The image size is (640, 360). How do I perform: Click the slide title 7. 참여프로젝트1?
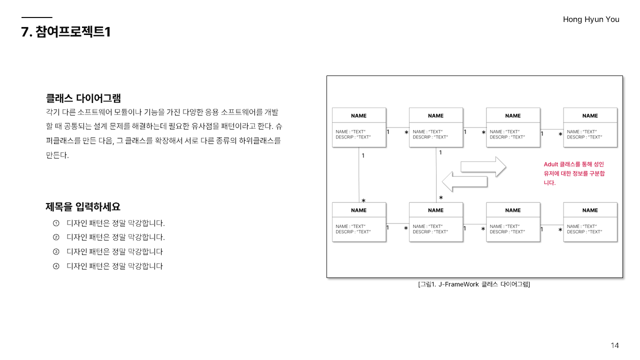pos(65,32)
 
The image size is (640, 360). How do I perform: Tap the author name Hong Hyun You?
pos(591,19)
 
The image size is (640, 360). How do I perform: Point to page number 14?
pos(615,345)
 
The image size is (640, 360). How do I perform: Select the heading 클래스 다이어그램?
pos(83,98)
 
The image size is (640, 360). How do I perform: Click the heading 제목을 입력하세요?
pos(83,206)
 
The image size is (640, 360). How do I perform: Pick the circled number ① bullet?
pos(56,223)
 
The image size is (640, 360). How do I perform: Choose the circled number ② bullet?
pos(56,237)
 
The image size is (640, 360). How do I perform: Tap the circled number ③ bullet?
pos(56,251)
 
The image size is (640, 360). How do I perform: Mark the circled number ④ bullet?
pos(56,266)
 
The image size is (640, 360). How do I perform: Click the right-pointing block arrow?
pos(483,166)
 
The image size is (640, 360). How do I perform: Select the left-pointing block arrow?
pos(464,181)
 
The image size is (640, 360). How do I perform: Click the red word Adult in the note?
pos(551,164)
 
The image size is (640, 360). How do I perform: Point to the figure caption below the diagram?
pos(474,284)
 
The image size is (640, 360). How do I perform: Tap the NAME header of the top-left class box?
pos(359,115)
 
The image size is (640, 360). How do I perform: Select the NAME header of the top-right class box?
pos(590,115)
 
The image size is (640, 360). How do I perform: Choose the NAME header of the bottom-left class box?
pos(359,210)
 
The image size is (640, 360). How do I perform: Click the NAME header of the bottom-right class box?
pos(590,210)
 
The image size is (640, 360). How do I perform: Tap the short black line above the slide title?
pos(36,17)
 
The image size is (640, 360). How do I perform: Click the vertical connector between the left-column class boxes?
pos(359,175)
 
